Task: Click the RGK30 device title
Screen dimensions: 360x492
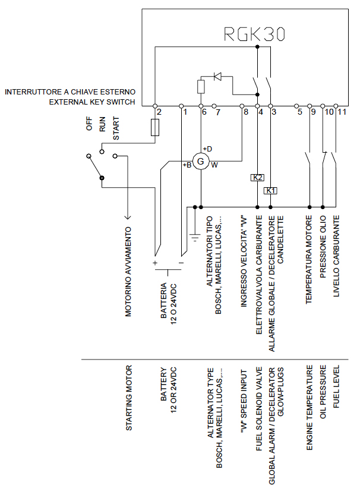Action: coord(254,34)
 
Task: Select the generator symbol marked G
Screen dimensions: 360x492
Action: coord(201,162)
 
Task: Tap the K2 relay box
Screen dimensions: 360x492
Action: coord(257,178)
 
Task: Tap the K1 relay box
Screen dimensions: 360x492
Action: coord(270,191)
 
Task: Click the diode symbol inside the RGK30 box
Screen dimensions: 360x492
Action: coord(217,76)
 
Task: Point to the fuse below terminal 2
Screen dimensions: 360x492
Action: coord(155,127)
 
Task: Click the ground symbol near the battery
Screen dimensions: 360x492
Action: coord(195,237)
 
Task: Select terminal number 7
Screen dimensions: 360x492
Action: coord(218,112)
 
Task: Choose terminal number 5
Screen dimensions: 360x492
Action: coord(300,112)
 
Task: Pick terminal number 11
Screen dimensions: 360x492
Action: coord(342,112)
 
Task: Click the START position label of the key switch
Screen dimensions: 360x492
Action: coord(116,128)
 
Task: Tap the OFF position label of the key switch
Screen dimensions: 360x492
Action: coord(89,124)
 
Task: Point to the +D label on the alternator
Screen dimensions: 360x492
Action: coord(207,149)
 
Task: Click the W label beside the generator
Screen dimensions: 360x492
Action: coord(214,165)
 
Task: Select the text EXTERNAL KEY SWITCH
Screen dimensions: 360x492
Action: coord(92,102)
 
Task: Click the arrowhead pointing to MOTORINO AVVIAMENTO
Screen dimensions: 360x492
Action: coord(127,216)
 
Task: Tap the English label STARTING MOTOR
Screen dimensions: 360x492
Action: coord(129,398)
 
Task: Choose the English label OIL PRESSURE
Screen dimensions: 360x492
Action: coord(323,392)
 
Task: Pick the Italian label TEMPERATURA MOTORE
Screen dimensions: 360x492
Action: coord(309,260)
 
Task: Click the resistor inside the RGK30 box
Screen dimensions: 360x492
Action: coord(201,87)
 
